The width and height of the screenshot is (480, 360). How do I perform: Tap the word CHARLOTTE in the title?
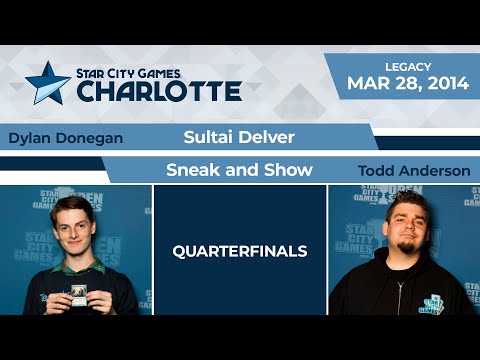(x=159, y=90)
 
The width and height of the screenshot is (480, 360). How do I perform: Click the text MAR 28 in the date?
(x=376, y=82)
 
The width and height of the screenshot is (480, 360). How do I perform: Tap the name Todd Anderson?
(x=413, y=171)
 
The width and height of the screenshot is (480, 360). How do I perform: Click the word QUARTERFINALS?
(x=240, y=250)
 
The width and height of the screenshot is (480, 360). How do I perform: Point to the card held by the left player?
(x=76, y=296)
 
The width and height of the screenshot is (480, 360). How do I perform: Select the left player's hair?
(x=75, y=206)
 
